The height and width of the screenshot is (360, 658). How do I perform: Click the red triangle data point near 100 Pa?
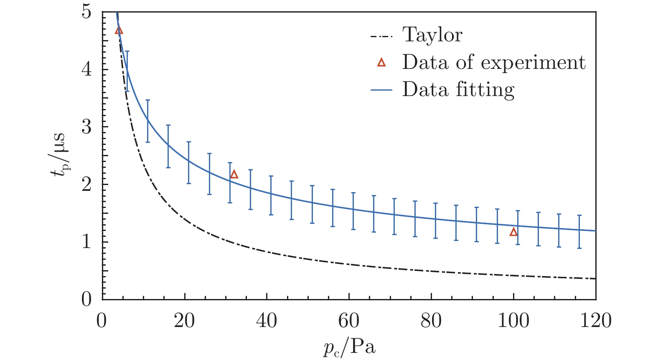coord(513,232)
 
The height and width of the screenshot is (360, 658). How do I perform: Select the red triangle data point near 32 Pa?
coord(234,174)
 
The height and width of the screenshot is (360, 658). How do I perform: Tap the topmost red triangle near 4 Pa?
coord(119,30)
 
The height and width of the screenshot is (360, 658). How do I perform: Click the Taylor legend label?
coord(432,35)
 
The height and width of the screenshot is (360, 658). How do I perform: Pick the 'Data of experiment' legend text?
coord(493,63)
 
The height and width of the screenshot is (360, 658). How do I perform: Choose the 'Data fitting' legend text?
coord(458,90)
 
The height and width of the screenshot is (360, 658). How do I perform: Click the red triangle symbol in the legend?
coord(381,63)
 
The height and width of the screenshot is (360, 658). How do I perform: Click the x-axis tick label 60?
coord(349,321)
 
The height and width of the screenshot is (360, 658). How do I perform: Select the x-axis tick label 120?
coord(595,321)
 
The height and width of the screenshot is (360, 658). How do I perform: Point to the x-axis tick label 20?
coord(184,321)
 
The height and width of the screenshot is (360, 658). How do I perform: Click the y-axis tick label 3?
coord(86,127)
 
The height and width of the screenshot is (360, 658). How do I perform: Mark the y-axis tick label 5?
coord(86,12)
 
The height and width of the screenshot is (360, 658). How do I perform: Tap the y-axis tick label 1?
coord(86,242)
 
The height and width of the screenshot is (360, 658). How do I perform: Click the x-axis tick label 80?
coord(431,321)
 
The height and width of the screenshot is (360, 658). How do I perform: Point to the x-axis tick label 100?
coord(513,321)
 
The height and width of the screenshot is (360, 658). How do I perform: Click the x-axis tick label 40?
coord(267,321)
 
